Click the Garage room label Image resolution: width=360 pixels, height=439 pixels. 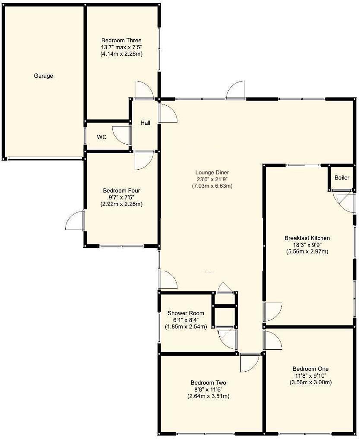(x=44, y=76)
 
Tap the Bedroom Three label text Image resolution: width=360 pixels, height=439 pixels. (x=121, y=41)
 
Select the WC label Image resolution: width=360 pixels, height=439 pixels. (x=101, y=137)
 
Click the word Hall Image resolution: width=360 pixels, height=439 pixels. (x=145, y=123)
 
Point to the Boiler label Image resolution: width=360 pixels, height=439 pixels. (x=341, y=178)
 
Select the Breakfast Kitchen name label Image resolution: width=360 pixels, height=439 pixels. (x=307, y=238)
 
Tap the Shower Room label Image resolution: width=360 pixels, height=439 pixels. (x=186, y=313)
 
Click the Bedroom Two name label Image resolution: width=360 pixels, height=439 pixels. (x=208, y=383)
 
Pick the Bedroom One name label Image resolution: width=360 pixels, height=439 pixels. (x=310, y=369)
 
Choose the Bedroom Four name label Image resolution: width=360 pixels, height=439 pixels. (x=121, y=190)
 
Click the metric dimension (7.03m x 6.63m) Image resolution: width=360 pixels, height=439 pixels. (x=212, y=186)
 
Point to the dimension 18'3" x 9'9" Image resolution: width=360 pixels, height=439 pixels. (x=307, y=245)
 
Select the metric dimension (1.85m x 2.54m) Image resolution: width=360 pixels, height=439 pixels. (x=186, y=327)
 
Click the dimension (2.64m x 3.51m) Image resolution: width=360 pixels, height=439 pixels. (x=208, y=396)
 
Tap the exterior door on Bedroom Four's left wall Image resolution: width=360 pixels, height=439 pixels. (x=75, y=221)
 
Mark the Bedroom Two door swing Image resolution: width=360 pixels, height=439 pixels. (x=249, y=362)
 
